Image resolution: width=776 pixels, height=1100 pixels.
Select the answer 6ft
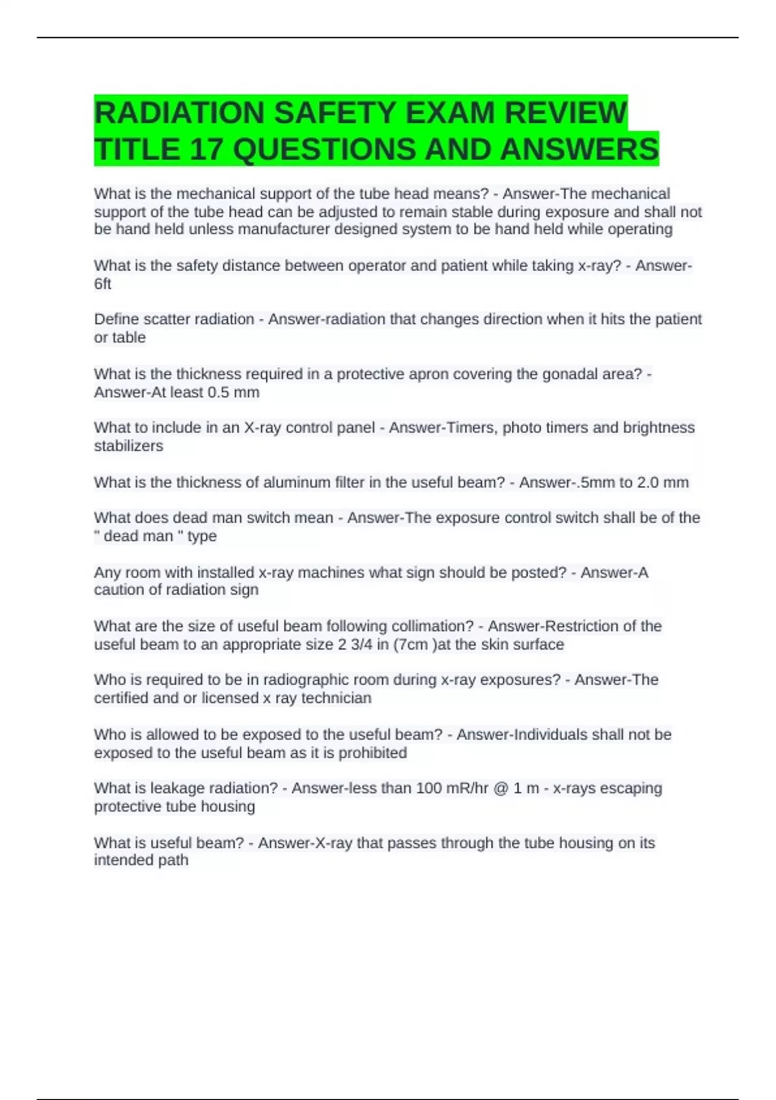(x=103, y=284)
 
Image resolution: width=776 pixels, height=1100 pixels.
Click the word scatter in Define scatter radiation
(x=163, y=319)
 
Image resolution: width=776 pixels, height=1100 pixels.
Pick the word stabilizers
(x=129, y=446)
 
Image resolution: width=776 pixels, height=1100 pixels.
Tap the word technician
(x=336, y=698)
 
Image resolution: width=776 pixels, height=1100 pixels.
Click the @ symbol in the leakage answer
(x=501, y=788)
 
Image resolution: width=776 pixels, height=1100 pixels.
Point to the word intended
(x=123, y=860)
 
